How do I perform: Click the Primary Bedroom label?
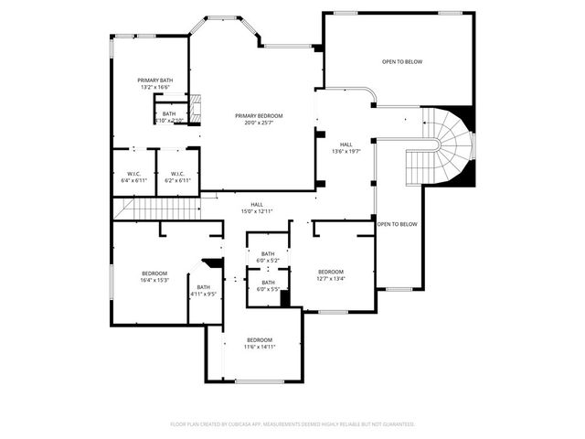(259, 115)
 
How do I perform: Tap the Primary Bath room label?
(155, 80)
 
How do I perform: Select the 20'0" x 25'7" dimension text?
(259, 123)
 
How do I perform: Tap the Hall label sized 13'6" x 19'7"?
(346, 144)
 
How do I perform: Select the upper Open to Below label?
(402, 62)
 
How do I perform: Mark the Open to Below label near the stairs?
(398, 224)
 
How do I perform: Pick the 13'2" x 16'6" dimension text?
(155, 87)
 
